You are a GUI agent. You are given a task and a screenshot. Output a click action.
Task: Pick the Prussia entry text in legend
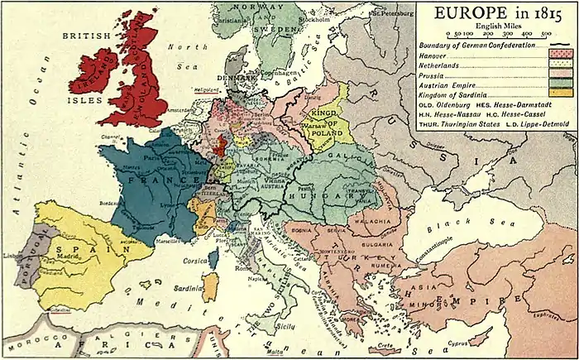point(457,75)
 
